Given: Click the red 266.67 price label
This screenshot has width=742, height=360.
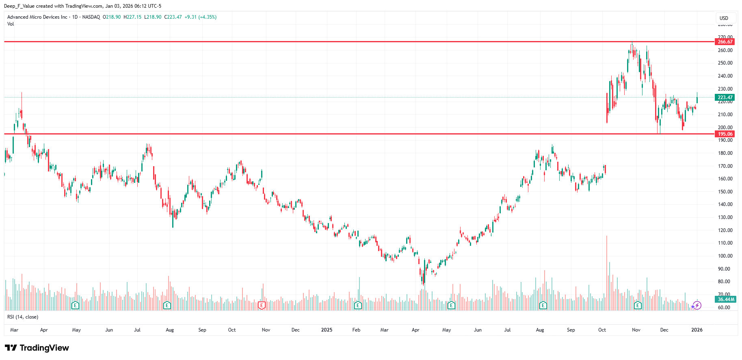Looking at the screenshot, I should (x=725, y=42).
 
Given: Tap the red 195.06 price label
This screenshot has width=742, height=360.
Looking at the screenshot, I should (x=725, y=134).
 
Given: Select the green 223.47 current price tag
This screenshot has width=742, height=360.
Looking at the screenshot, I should (x=725, y=98).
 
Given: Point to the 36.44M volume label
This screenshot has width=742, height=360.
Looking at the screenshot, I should (x=725, y=299).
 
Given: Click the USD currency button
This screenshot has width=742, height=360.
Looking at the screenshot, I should (x=724, y=18).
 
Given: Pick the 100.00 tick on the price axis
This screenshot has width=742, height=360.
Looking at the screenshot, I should (x=725, y=256).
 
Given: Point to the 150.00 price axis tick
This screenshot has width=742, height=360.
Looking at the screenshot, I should (x=725, y=192).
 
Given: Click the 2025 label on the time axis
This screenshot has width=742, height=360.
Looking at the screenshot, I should (x=327, y=330).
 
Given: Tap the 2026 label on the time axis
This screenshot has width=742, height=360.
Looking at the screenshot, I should (x=697, y=330).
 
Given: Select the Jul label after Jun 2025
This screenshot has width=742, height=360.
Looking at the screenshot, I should (x=507, y=330).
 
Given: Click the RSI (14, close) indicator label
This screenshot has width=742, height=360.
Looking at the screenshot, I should (x=23, y=317).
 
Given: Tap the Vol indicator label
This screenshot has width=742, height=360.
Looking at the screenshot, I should (x=11, y=24).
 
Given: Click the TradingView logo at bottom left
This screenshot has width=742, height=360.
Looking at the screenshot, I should (x=37, y=348).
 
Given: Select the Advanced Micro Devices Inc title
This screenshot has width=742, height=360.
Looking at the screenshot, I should (x=37, y=17).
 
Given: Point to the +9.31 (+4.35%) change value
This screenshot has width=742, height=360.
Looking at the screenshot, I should (x=200, y=17).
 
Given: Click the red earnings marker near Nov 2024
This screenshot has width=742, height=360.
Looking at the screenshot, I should (x=262, y=305).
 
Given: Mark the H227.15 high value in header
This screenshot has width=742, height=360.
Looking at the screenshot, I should (x=132, y=17).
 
